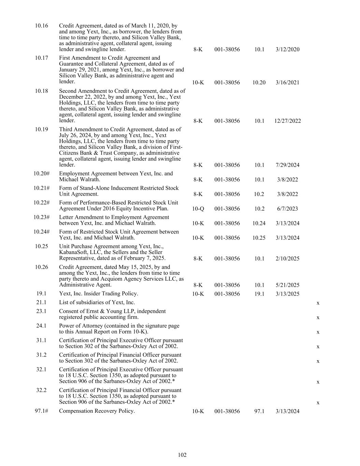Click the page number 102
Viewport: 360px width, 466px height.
coord(182,455)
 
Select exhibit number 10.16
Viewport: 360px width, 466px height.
coord(41,26)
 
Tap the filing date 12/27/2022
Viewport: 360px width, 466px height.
coord(287,121)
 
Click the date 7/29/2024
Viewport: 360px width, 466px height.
coord(287,165)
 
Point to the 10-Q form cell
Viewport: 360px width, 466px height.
coord(198,209)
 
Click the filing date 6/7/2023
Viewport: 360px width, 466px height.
coord(287,209)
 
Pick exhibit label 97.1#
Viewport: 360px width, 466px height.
coord(41,411)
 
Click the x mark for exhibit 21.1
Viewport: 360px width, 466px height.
coord(318,303)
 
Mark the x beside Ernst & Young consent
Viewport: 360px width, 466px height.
coord(318,317)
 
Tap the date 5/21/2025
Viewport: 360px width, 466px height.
coord(287,285)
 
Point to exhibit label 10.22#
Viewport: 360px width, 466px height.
coord(41,202)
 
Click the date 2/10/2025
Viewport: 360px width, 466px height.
coord(287,258)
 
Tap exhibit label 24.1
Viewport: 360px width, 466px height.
coord(41,326)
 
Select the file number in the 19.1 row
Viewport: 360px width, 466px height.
coord(227,294)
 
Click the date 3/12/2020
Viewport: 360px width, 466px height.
coord(287,49)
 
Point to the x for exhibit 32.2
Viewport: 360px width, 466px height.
coord(318,403)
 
